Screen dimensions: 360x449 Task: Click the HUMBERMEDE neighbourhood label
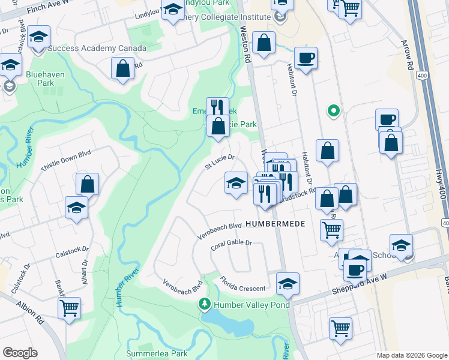pos(276,224)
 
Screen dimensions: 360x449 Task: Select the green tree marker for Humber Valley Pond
pos(205,305)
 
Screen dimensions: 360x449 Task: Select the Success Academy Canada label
pos(96,48)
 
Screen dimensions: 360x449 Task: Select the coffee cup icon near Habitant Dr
pos(306,58)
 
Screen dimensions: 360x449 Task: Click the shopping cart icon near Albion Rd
pos(69,308)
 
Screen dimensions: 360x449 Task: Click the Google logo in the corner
pos(20,352)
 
